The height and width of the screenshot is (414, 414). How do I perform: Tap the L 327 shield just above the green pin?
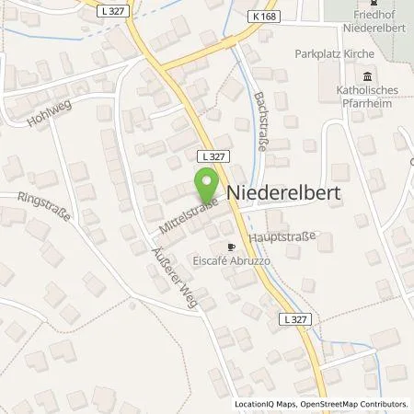click(x=210, y=157)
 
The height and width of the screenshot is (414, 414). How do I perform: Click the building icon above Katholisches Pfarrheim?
click(x=368, y=75)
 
